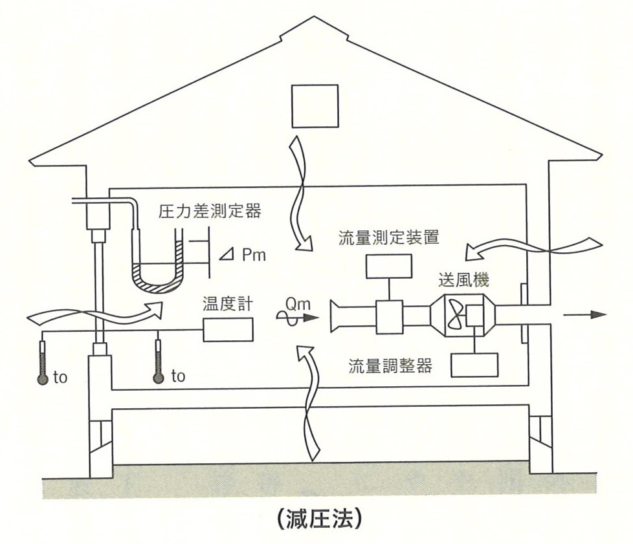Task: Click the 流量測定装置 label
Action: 389,237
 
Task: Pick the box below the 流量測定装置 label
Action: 389,267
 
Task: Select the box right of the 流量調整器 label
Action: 474,365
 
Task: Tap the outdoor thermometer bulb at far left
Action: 43,379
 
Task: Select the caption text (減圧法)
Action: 316,519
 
